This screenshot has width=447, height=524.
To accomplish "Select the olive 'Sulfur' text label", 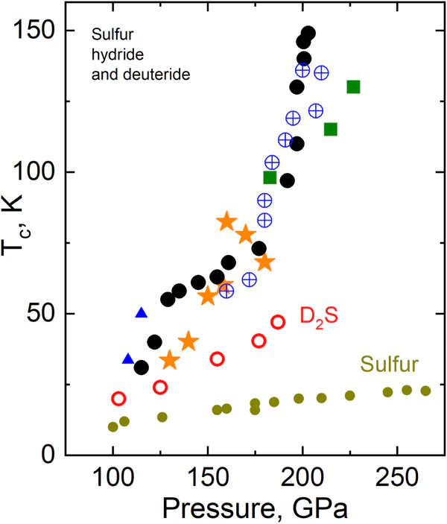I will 388,366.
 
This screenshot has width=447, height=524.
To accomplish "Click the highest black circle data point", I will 308,34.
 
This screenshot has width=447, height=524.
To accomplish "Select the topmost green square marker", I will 353,87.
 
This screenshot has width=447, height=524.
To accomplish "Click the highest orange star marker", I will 226,221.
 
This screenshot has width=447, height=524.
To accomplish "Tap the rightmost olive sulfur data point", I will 425,391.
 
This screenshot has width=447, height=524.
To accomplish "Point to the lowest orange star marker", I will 170,361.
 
